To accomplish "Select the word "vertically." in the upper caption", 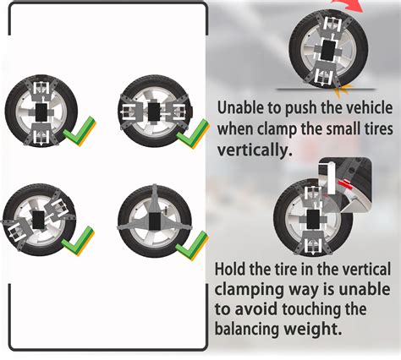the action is [x=255, y=150].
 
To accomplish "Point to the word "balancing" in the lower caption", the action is [x=247, y=328].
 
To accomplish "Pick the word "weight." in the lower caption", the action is [x=312, y=329].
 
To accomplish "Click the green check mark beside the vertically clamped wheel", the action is [x=80, y=132].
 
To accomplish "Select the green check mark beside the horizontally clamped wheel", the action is [x=193, y=134].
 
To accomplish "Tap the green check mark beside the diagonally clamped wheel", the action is [x=78, y=242].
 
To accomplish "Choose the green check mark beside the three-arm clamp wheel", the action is [x=192, y=246].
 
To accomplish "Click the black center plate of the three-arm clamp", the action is [x=155, y=221].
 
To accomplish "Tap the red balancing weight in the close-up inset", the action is [x=346, y=183].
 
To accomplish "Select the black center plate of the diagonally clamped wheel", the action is [x=38, y=220].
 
